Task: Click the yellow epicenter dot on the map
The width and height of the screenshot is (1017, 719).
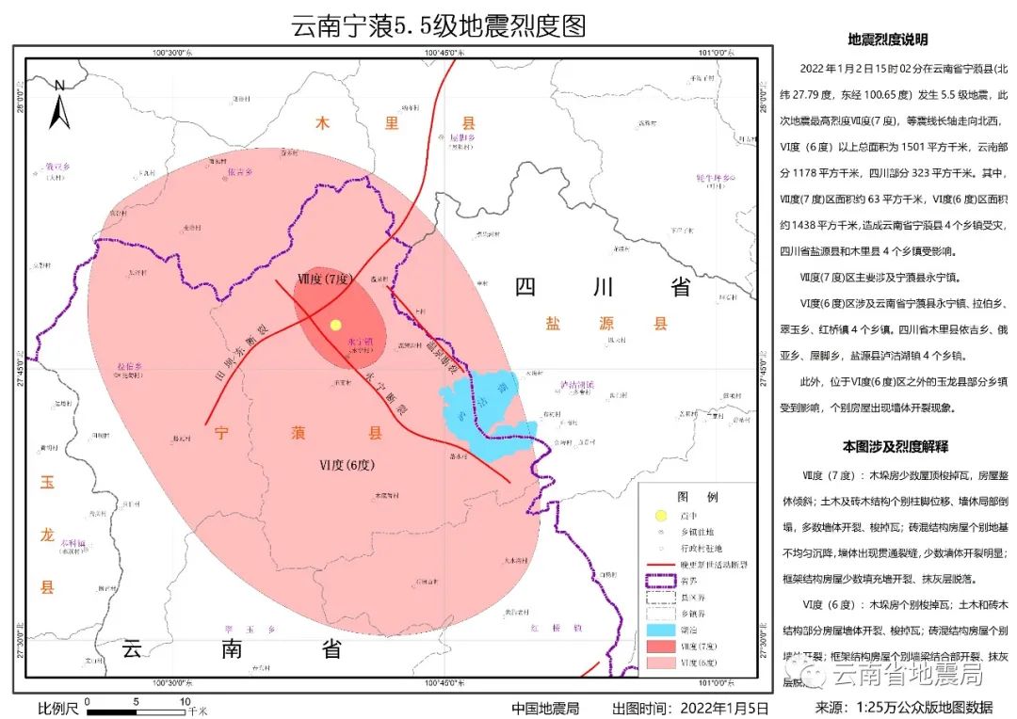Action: coord(335,325)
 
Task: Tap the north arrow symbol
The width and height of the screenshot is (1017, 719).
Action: coord(60,105)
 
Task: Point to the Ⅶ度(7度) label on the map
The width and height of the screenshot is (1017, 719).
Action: coord(323,280)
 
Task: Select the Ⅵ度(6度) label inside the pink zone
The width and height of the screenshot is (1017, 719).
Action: coord(347,465)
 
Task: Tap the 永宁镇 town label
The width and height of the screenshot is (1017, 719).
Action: coord(362,342)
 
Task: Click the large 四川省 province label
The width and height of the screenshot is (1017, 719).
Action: coord(603,287)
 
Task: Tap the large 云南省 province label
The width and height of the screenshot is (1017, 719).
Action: coord(231,649)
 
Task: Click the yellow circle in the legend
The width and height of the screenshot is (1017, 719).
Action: coord(661,516)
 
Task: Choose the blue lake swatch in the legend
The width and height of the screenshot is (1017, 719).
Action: coord(661,629)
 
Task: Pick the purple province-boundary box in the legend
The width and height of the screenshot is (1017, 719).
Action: coord(661,580)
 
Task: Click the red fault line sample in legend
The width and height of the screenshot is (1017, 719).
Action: coord(661,564)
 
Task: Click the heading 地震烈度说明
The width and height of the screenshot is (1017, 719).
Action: coord(888,40)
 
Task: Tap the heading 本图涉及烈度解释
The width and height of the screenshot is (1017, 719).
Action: coord(895,445)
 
